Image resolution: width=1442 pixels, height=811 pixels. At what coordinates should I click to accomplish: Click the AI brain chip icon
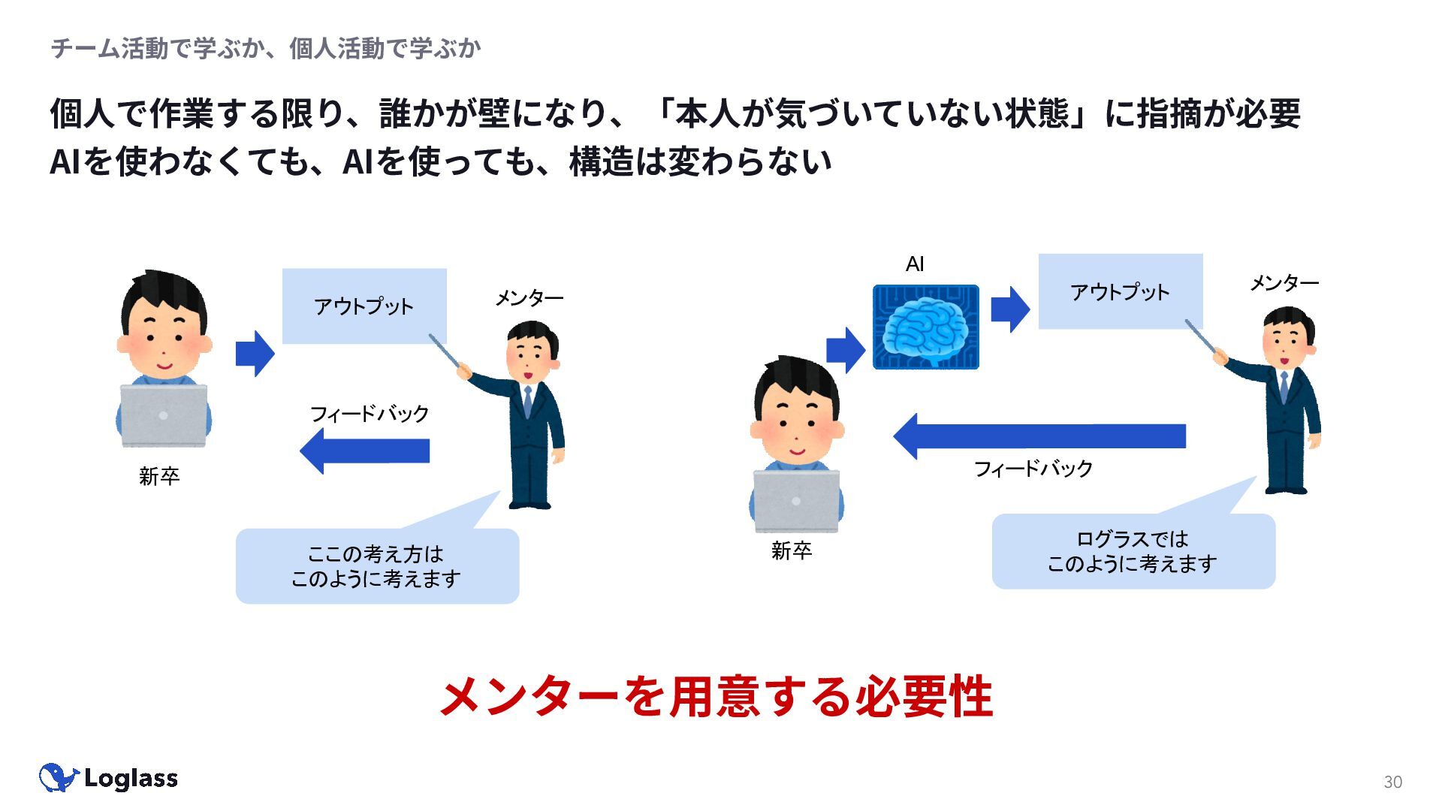pyautogui.click(x=925, y=327)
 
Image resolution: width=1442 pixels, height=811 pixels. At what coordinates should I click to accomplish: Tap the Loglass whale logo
pyautogui.click(x=59, y=778)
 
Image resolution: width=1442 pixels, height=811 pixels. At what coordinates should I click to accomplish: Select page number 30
pyautogui.click(x=1392, y=782)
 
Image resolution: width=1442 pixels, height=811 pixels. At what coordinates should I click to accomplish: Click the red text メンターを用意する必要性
pyautogui.click(x=716, y=696)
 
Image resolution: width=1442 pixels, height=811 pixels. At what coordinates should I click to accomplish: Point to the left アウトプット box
pyautogui.click(x=364, y=306)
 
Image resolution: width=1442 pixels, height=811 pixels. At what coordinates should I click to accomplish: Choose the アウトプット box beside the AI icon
pyautogui.click(x=1120, y=291)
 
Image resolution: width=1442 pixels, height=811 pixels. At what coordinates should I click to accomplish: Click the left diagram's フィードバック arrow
pyautogui.click(x=364, y=451)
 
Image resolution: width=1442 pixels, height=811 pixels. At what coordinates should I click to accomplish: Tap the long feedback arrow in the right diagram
pyautogui.click(x=1039, y=436)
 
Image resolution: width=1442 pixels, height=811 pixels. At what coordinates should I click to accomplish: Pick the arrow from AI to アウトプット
pyautogui.click(x=1010, y=309)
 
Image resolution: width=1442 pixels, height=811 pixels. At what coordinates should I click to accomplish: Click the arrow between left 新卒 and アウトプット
pyautogui.click(x=255, y=353)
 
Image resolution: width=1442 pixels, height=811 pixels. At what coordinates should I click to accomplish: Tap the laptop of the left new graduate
pyautogui.click(x=164, y=415)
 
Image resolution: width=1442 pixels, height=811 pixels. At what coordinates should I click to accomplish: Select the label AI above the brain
pyautogui.click(x=915, y=264)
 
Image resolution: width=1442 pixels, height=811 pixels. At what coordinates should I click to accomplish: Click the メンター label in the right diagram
pyautogui.click(x=1284, y=283)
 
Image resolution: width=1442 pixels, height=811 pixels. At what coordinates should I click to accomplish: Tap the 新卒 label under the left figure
pyautogui.click(x=159, y=476)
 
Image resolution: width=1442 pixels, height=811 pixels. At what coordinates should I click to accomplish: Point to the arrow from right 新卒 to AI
pyautogui.click(x=846, y=350)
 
